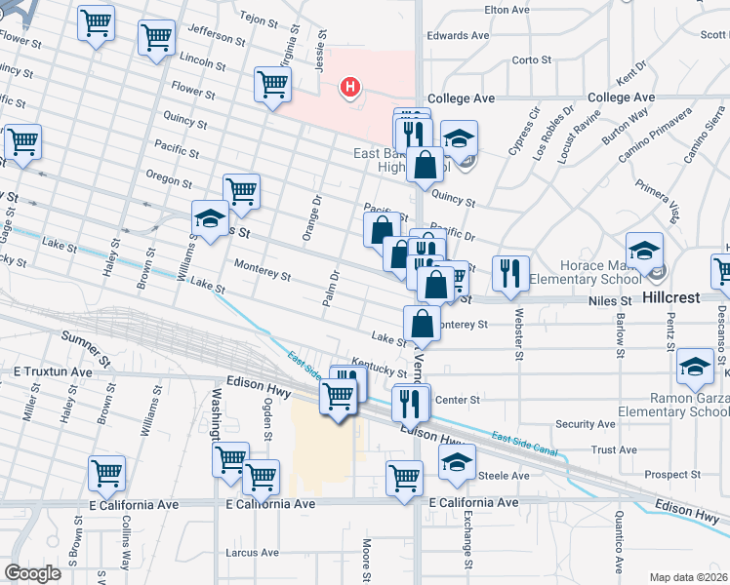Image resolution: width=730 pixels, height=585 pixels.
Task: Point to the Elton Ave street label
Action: [507, 10]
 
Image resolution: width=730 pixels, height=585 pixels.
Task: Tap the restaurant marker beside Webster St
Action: [509, 273]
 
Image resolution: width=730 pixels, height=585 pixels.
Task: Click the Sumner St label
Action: [82, 339]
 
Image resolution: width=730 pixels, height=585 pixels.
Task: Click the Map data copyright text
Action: [689, 576]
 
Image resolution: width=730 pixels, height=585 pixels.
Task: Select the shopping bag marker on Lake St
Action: [422, 322]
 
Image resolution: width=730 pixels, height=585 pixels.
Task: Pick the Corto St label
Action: [532, 59]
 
